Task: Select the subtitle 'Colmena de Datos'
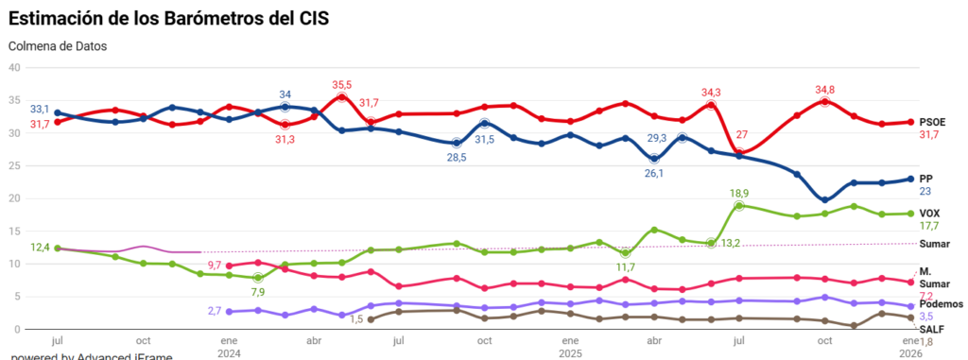point(58,45)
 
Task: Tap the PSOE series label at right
point(933,122)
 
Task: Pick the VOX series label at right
point(931,214)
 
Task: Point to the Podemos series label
point(940,304)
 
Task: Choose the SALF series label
point(933,329)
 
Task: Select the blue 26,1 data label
point(654,173)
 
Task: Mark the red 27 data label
point(742,134)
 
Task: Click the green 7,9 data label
point(258,293)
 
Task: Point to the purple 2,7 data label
point(214,310)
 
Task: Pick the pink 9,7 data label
point(215,266)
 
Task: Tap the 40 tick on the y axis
point(13,67)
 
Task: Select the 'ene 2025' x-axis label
point(570,346)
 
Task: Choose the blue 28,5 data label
point(457,157)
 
